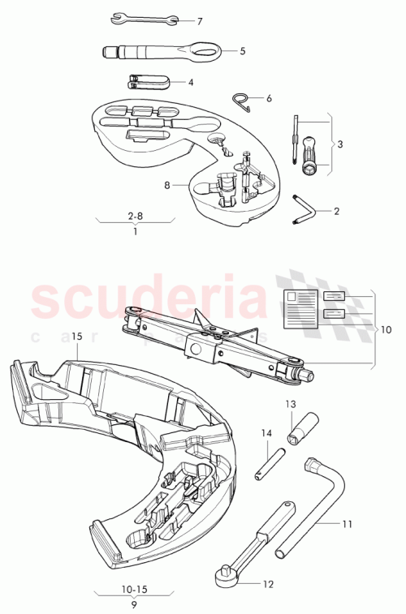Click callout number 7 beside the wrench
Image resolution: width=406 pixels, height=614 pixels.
pos(200,20)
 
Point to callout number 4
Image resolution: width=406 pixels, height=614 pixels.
pos(190,82)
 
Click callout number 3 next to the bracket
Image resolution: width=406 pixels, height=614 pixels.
pos(339,144)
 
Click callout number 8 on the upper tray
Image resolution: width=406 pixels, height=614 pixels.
pos(166,185)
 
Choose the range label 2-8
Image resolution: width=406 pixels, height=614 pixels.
pos(135,217)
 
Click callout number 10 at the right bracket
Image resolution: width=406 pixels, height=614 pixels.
pos(386,329)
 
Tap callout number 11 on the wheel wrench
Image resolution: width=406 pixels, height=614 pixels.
pos(347,524)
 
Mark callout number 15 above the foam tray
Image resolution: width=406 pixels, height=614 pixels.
pos(77,334)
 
